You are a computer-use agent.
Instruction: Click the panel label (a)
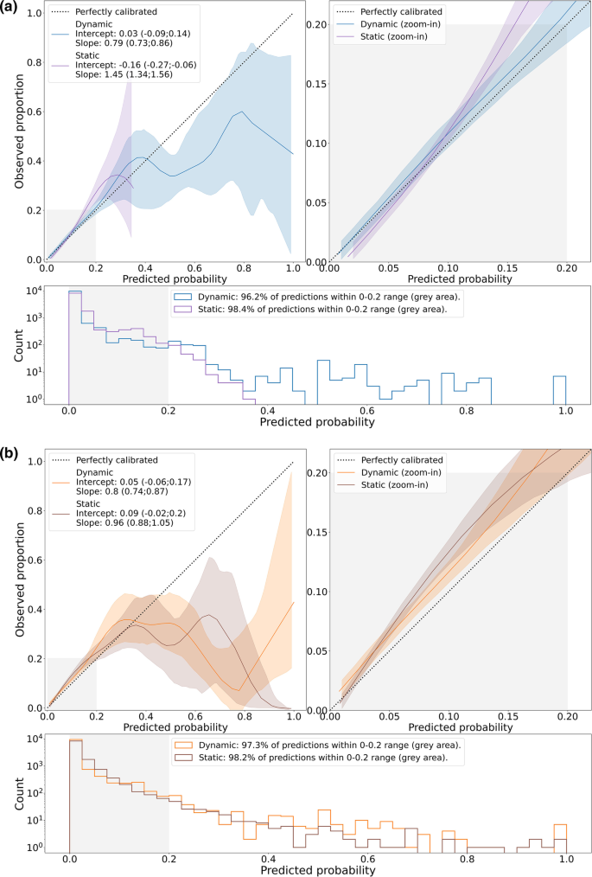(x=11, y=9)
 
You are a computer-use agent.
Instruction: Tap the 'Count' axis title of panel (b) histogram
(x=19, y=796)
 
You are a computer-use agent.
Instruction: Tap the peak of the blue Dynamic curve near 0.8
(x=243, y=112)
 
